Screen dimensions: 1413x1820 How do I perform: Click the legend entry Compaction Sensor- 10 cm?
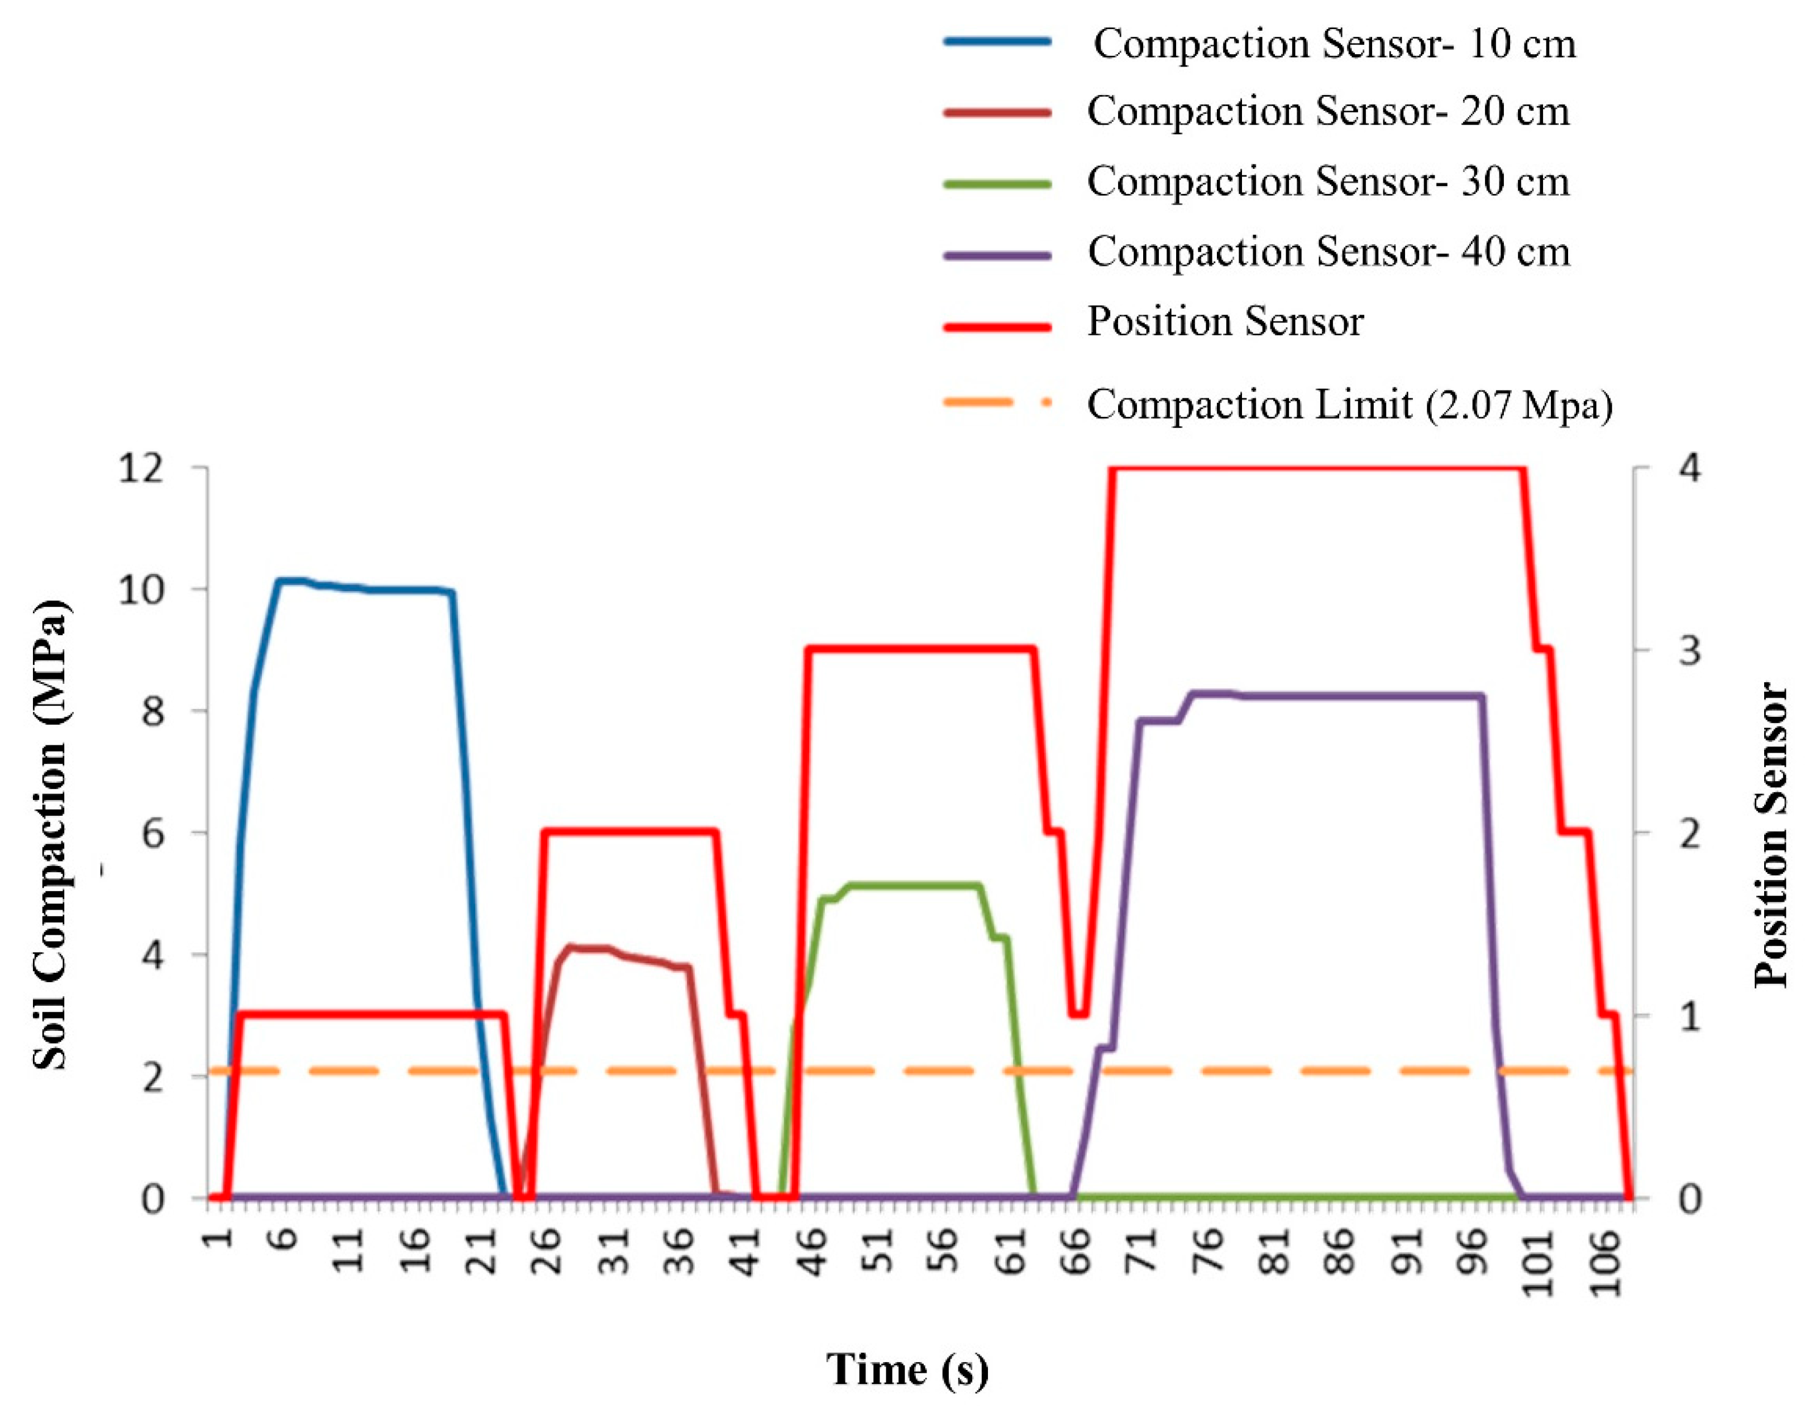1334,44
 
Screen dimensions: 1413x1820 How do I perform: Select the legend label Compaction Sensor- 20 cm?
1327,111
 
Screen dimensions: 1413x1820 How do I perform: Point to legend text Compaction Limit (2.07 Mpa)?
1349,405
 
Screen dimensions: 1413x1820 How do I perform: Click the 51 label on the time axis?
878,1250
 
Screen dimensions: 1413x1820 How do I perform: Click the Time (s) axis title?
907,1369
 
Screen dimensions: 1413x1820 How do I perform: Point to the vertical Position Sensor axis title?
1771,834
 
